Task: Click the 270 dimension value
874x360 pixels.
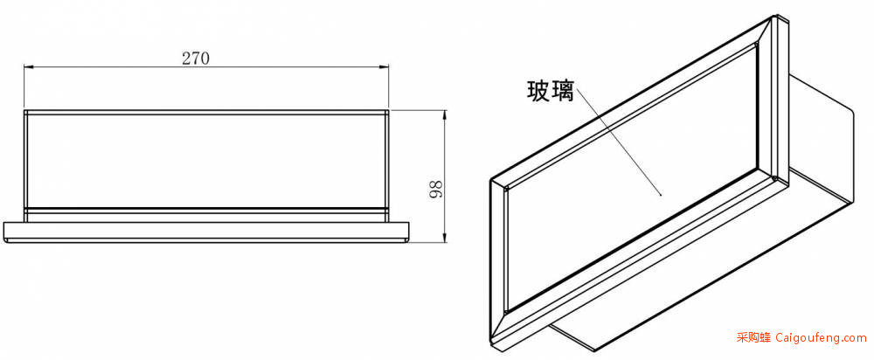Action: (196, 59)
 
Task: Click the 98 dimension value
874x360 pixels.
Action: (436, 190)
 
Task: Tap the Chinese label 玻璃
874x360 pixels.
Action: (551, 91)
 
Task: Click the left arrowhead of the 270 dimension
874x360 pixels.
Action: (28, 67)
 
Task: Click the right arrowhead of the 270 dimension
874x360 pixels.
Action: (385, 67)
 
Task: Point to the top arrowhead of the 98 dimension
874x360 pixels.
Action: (444, 114)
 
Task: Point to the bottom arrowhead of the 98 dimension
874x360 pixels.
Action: (444, 239)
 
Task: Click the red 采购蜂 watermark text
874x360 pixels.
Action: (753, 337)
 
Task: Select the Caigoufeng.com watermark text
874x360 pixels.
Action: (821, 337)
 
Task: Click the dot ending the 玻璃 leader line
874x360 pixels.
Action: (661, 195)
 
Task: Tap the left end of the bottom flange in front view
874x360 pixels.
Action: (3, 232)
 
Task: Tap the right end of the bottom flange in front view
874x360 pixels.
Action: (408, 232)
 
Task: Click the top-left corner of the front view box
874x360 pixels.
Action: (24, 110)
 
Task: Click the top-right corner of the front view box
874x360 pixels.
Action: (388, 110)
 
